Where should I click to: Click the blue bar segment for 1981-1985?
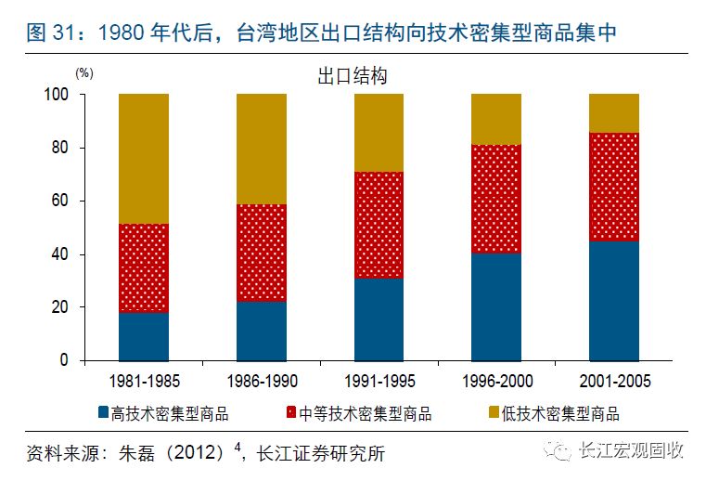click(144, 336)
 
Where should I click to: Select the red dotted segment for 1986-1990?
click(261, 253)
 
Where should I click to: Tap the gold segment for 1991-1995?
click(379, 133)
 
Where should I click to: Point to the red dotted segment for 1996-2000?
click(495, 199)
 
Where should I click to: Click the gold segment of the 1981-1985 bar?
click(144, 159)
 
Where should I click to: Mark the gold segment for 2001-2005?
click(613, 113)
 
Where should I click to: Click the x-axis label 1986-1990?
click(261, 381)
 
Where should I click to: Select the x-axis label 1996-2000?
click(495, 381)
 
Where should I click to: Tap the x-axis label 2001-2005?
click(613, 381)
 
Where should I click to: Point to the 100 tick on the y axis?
click(58, 95)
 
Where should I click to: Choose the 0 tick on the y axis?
click(66, 360)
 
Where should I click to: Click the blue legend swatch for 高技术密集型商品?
click(103, 413)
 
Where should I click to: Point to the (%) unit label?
click(84, 71)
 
